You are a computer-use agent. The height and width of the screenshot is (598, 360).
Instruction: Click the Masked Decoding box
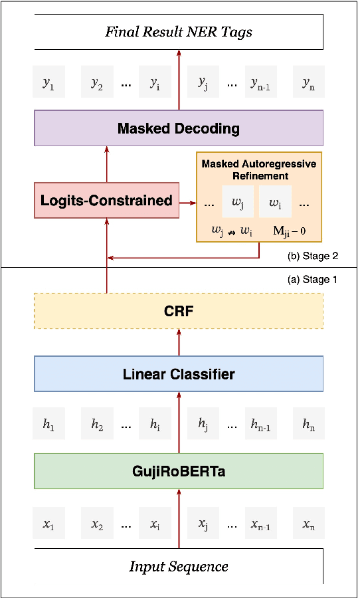(179, 128)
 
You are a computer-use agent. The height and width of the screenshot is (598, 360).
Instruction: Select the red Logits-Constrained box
(106, 200)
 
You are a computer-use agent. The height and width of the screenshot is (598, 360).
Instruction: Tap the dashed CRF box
(179, 310)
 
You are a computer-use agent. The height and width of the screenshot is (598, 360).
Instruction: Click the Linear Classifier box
(179, 374)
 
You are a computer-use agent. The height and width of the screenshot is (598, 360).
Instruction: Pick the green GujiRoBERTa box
(179, 471)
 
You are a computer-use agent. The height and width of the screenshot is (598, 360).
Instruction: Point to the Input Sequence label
(179, 566)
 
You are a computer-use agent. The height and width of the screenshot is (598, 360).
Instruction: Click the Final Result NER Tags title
(179, 32)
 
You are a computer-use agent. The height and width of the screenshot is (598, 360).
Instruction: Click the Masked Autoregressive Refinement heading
(259, 169)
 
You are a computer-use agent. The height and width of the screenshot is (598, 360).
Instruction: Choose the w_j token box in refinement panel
(238, 202)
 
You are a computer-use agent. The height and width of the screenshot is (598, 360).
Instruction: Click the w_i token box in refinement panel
(274, 202)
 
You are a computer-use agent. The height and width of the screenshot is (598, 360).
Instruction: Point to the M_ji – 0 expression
(293, 231)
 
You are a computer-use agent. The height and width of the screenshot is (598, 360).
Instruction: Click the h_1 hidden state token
(48, 424)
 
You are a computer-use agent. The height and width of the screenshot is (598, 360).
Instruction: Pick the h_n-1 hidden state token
(260, 424)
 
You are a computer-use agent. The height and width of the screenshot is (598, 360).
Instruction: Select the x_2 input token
(97, 524)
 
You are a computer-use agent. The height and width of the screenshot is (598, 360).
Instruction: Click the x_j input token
(203, 524)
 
